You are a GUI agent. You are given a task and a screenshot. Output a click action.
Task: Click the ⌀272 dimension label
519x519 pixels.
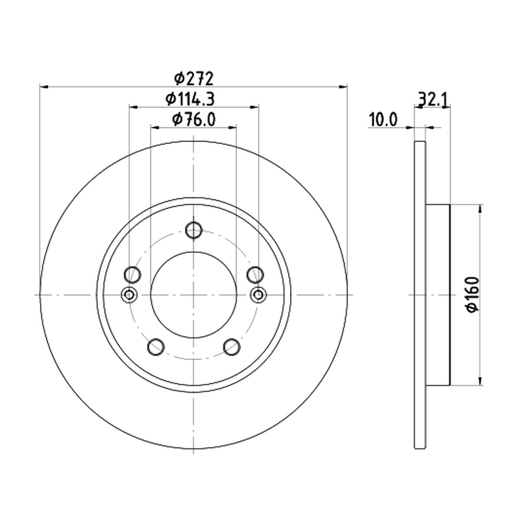coord(194,78)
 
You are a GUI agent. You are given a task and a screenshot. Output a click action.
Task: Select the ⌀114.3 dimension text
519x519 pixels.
coord(190,99)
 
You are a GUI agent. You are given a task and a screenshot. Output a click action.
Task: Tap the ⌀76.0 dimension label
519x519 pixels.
coord(194,119)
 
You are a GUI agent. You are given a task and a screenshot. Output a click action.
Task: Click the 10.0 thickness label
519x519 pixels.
coord(383,119)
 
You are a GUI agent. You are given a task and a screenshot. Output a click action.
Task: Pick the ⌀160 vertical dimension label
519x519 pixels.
coord(472,295)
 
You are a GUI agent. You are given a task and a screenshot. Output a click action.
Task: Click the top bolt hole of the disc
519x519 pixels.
coord(193,230)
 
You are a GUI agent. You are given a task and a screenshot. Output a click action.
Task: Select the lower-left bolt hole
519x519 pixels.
coord(156,347)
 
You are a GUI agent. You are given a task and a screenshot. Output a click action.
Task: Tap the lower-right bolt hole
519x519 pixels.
coord(232,347)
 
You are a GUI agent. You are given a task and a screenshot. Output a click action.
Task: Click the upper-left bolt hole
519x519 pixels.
coord(132,274)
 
